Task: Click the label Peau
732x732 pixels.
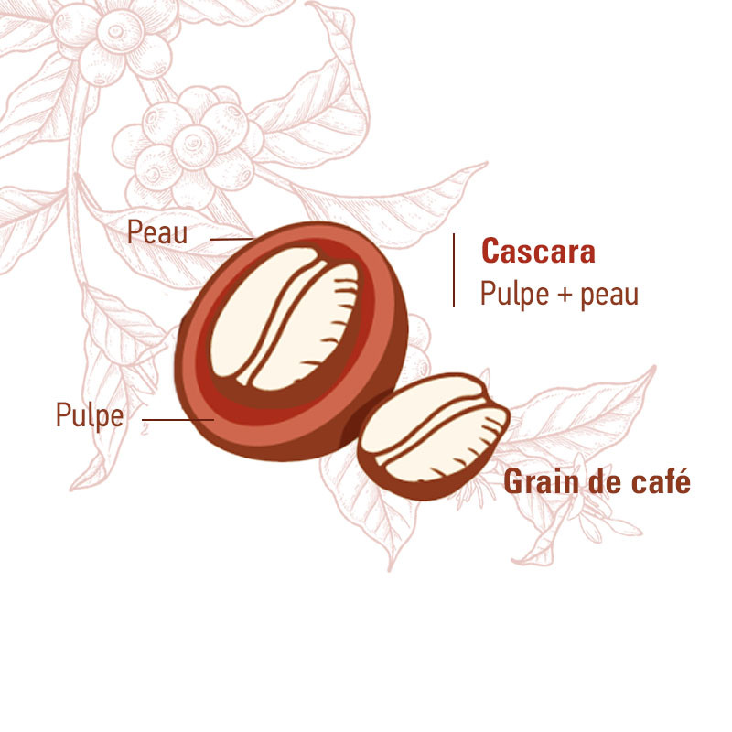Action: pos(157,232)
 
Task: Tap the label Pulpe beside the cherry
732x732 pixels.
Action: pos(90,414)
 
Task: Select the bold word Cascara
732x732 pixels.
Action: pos(538,251)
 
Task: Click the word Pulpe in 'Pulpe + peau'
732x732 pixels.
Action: pos(514,294)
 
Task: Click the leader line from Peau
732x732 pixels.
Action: pos(231,240)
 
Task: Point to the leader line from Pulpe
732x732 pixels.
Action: pos(178,420)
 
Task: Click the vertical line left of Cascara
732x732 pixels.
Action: pos(454,270)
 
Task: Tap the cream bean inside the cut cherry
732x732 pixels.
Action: pos(285,318)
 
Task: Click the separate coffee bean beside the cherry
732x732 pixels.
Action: pos(433,436)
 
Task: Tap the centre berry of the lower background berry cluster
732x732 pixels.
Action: pos(194,146)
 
